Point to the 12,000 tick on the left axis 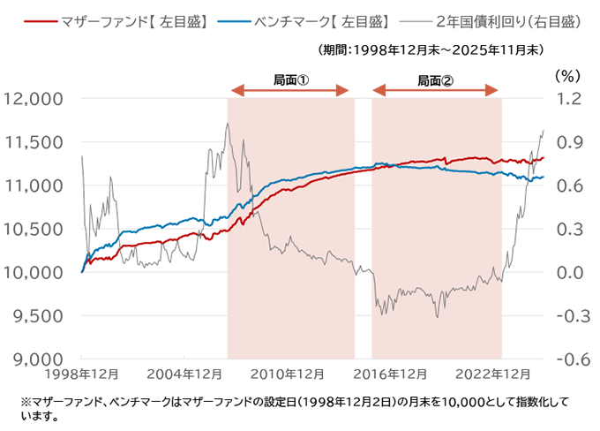click(x=34, y=99)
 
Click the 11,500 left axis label click(x=34, y=142)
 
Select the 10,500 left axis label click(x=34, y=229)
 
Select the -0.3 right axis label click(x=569, y=315)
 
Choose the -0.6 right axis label click(x=569, y=359)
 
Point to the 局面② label click(x=436, y=79)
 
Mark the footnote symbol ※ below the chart click(x=25, y=402)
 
